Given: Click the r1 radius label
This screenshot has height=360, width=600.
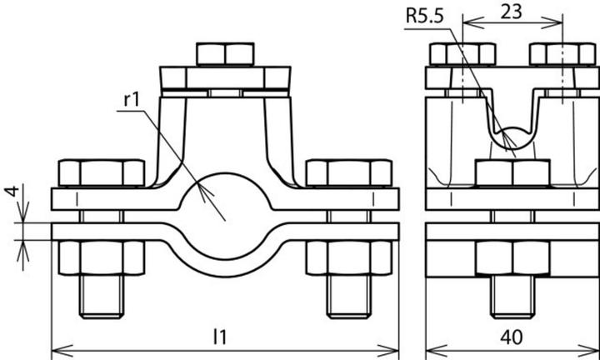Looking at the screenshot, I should [131, 98].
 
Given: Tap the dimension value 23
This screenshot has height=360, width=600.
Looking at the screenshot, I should [512, 12].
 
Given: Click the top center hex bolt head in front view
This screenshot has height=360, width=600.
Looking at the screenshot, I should [226, 53].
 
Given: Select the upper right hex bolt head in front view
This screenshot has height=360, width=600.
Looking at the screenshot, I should [348, 173].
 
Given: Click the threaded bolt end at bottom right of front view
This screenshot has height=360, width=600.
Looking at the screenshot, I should [349, 296].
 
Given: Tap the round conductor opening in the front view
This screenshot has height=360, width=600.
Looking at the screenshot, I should [225, 198].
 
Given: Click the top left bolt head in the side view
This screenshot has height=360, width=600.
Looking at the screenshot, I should [457, 54].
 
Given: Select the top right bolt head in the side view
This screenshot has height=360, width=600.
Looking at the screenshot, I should [560, 54].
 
